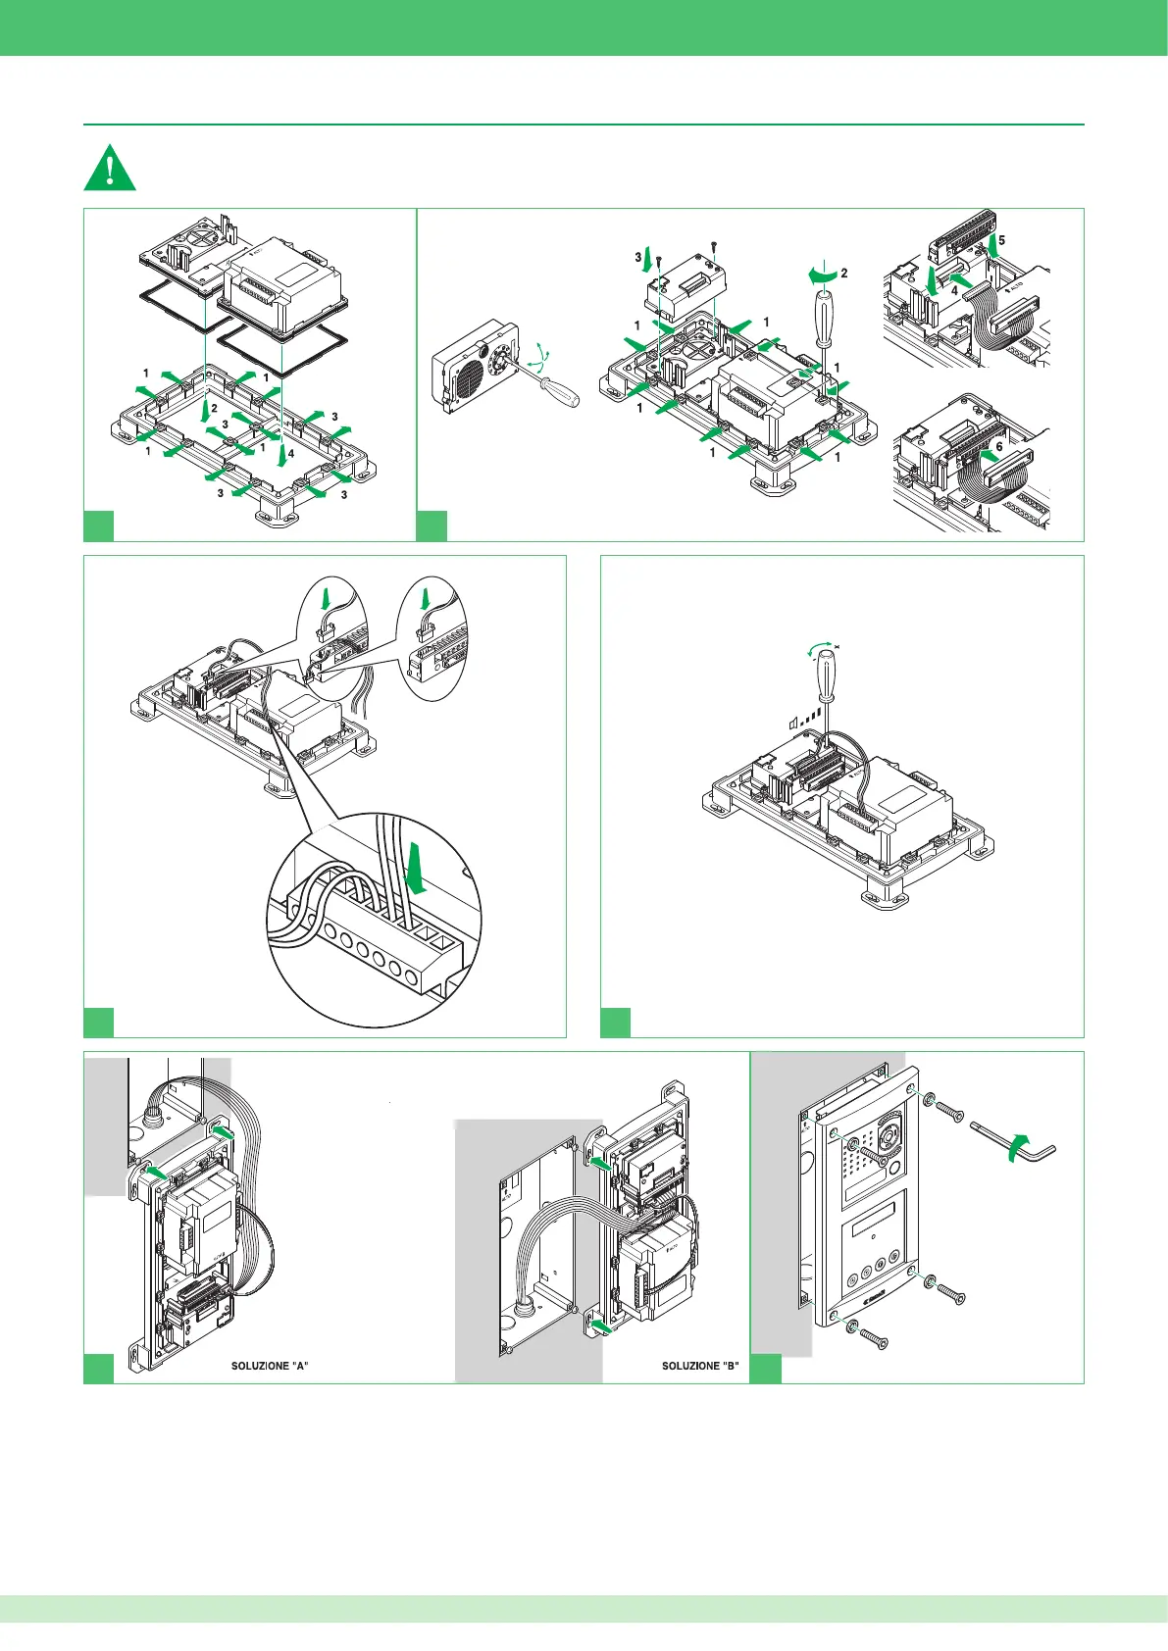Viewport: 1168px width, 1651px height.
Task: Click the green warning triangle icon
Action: click(110, 168)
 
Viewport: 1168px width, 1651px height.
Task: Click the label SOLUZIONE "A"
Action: click(270, 1366)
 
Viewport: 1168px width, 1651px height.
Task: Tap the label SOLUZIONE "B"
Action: click(699, 1366)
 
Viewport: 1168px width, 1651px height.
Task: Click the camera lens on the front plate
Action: click(890, 1134)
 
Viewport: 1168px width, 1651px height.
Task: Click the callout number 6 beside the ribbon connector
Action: click(999, 445)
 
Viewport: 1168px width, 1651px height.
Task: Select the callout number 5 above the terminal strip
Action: click(1001, 240)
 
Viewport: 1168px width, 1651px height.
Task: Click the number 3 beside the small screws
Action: click(638, 258)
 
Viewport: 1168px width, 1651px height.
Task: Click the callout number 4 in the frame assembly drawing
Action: click(291, 454)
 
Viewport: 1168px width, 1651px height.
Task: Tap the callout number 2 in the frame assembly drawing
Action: click(214, 409)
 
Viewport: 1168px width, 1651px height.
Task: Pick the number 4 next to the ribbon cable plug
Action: click(954, 290)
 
